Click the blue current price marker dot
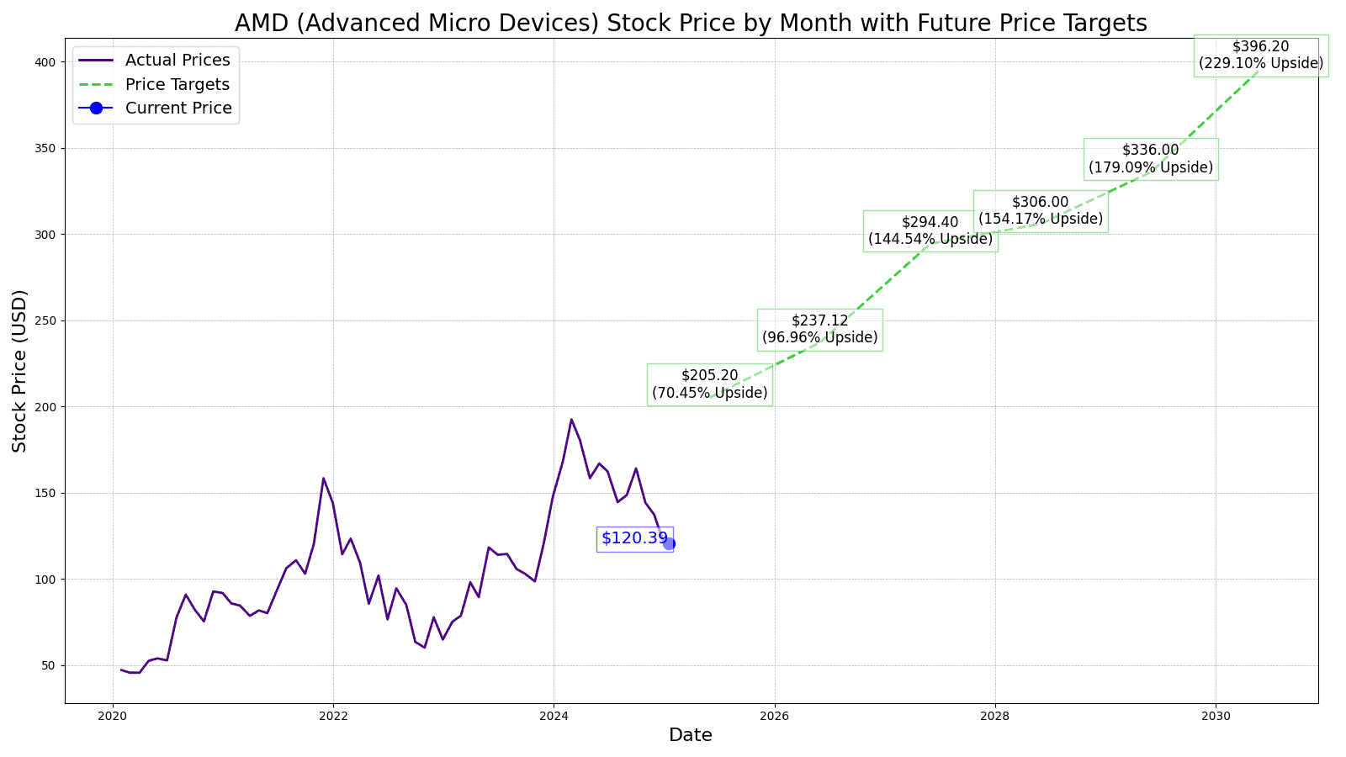tap(669, 543)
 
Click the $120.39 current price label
tap(634, 538)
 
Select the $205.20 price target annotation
tap(709, 384)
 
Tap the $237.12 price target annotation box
tap(819, 330)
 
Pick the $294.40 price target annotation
tap(930, 230)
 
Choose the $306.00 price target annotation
tap(1040, 211)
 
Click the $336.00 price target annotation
tap(1150, 159)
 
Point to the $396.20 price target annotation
tap(1260, 56)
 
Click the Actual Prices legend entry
tap(177, 61)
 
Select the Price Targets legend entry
tap(177, 85)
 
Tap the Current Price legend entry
tap(178, 109)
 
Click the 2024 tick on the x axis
tap(554, 716)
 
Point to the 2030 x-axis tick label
tap(1215, 716)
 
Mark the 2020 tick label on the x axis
tap(113, 716)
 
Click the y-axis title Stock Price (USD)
tap(20, 370)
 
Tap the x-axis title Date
tap(691, 735)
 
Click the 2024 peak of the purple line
tap(571, 419)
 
